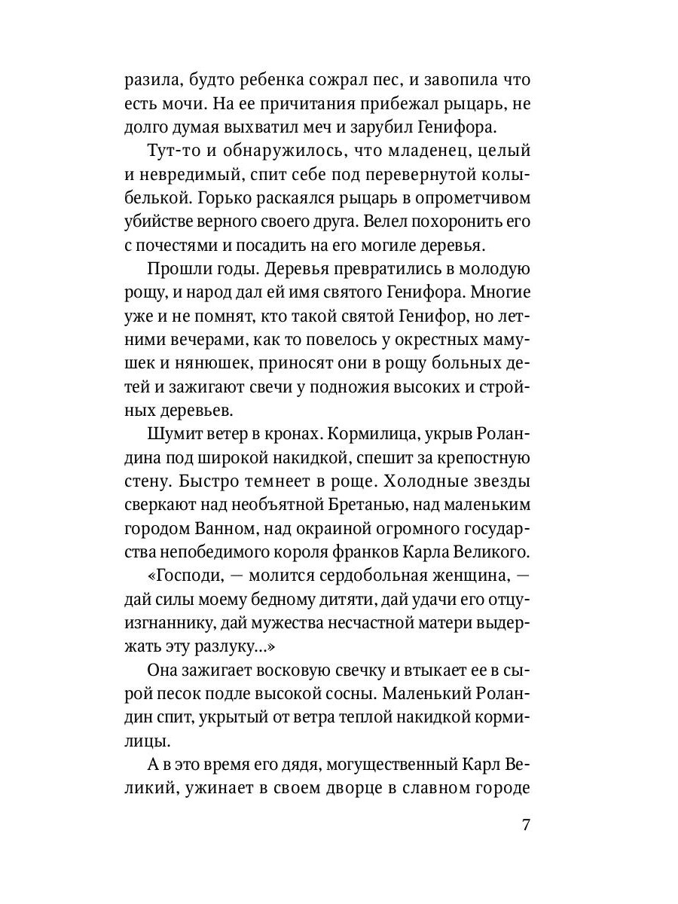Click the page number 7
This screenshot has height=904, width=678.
coord(527,824)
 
